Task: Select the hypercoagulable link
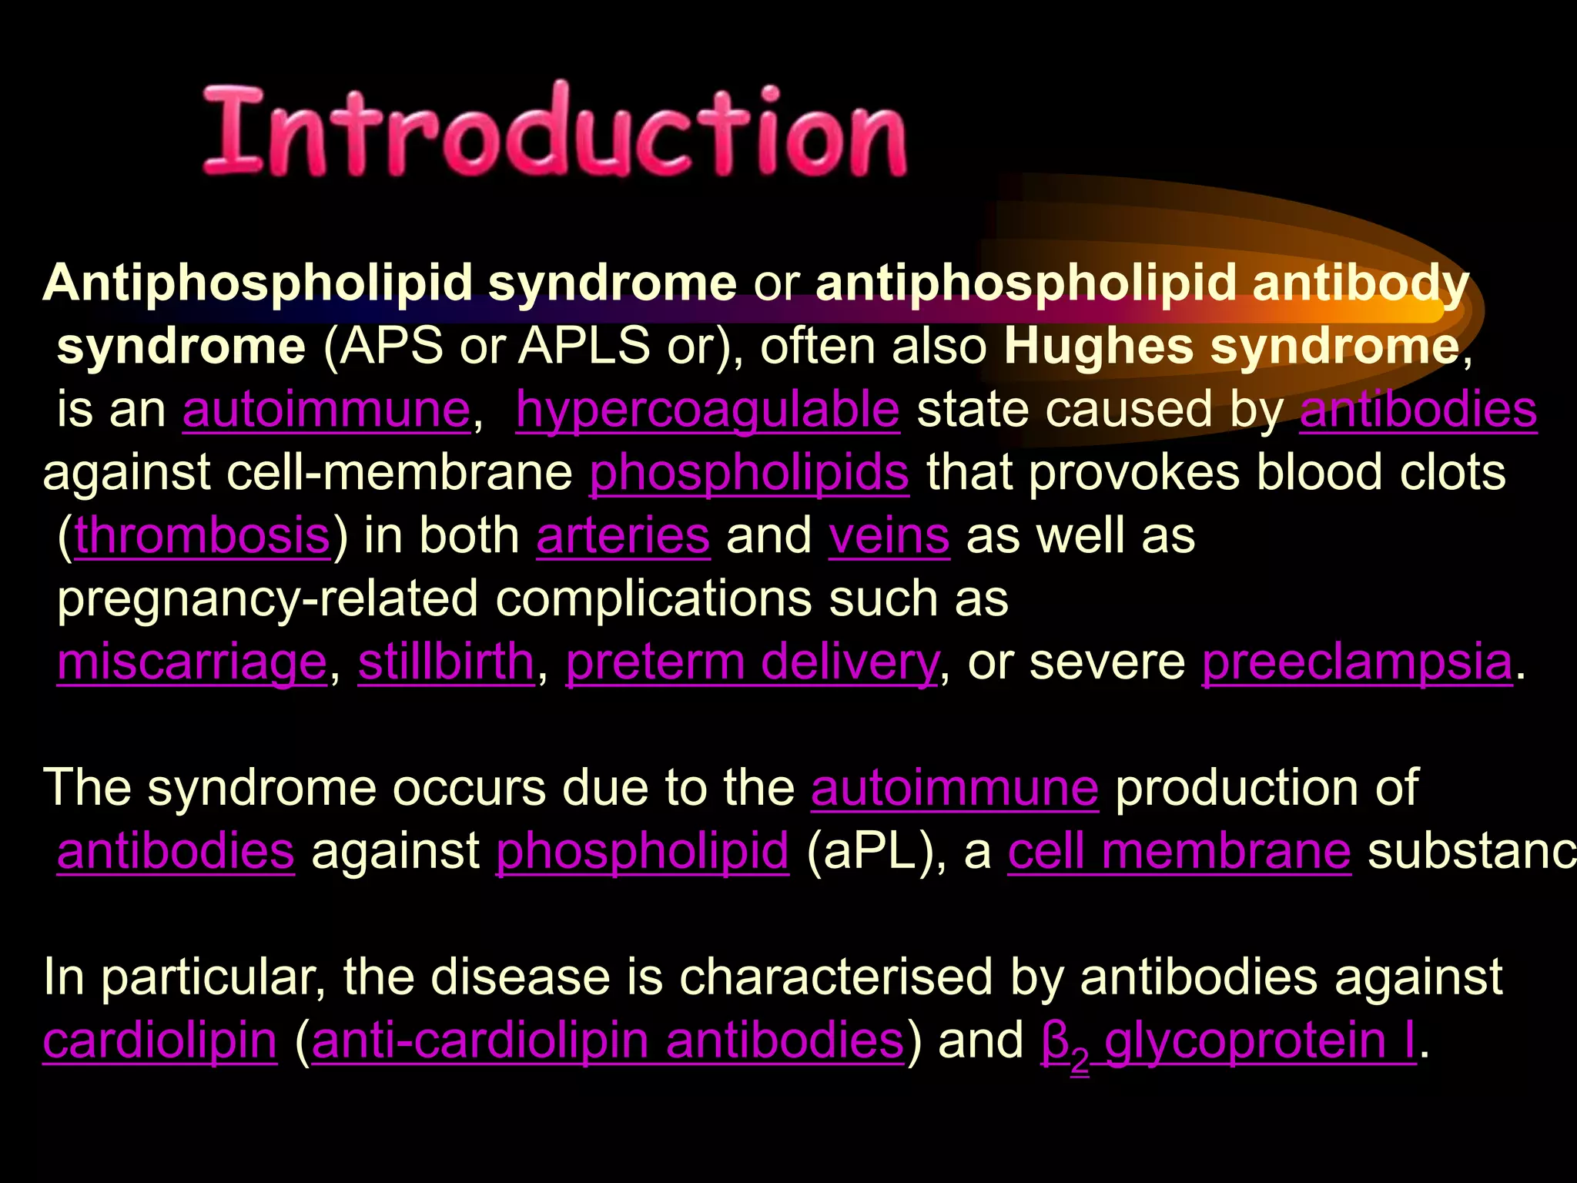[x=707, y=409]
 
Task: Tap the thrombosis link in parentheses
[x=203, y=535]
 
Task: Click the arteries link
[x=623, y=535]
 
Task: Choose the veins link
[x=889, y=535]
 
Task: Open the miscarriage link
[x=192, y=662]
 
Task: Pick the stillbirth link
[x=446, y=662]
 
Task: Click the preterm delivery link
[x=752, y=662]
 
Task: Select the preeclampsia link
[x=1357, y=662]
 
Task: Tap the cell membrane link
[x=1179, y=851]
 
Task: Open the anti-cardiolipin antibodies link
[x=608, y=1041]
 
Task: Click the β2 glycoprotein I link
[x=1227, y=1041]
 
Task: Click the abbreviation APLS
[x=584, y=347]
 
